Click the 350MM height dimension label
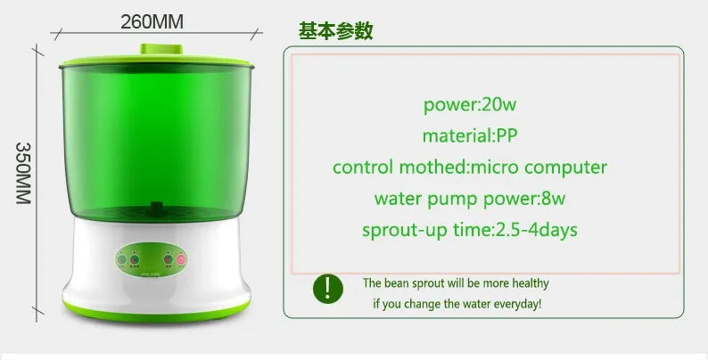pos(24,173)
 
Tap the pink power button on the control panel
pos(180,260)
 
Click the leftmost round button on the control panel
pos(122,260)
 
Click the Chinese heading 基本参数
pos(335,31)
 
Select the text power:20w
pos(470,104)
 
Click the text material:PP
pos(470,135)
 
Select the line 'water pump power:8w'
pos(470,199)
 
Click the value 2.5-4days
pos(536,230)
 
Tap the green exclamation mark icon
pos(327,288)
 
